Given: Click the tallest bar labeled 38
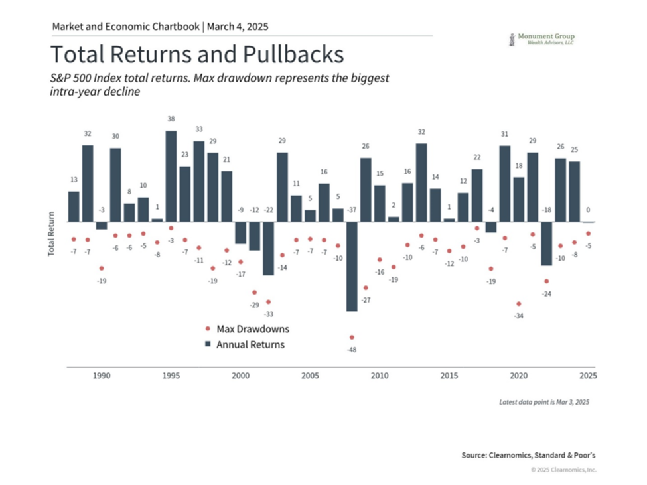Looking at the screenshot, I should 171,176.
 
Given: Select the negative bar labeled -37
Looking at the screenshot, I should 352,265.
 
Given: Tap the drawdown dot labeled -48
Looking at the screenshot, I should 352,337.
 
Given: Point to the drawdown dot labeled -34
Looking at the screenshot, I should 518,304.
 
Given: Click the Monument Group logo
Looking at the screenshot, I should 541,39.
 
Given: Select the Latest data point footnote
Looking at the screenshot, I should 544,402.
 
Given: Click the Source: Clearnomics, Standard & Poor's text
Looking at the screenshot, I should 528,455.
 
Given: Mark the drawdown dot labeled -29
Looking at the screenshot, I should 254,292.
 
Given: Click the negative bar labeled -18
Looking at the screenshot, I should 546,243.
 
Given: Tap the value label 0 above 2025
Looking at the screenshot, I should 588,210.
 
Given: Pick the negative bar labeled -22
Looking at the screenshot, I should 268,248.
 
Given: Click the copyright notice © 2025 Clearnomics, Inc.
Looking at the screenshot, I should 563,470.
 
